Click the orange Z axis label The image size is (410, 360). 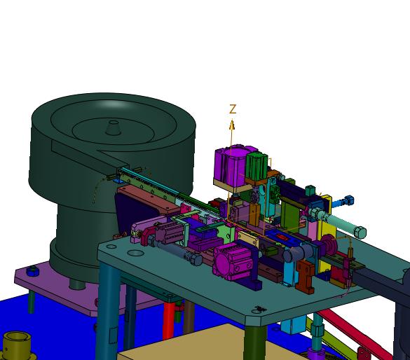[233, 109]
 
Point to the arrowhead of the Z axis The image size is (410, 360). [232, 125]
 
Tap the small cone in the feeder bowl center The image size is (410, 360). [114, 127]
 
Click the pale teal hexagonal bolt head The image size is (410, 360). [360, 232]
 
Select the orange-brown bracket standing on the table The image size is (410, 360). [305, 276]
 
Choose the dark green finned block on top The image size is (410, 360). [257, 167]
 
